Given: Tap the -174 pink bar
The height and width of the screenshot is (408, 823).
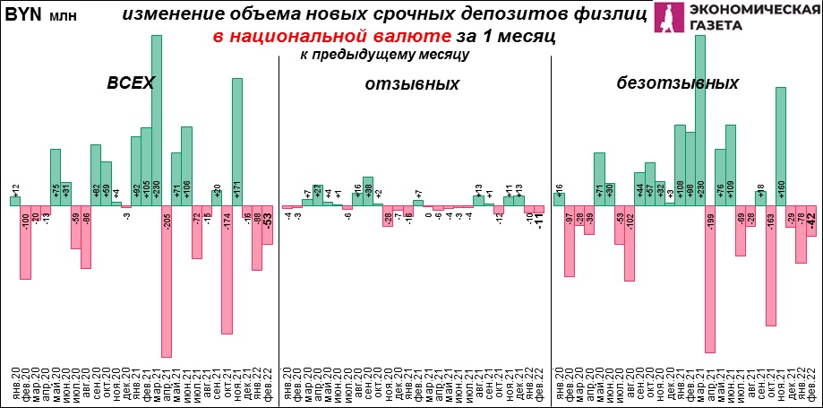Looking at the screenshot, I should [227, 269].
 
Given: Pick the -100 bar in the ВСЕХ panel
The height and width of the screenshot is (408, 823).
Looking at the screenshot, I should [25, 242].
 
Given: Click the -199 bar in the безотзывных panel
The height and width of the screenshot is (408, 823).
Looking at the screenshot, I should [709, 279].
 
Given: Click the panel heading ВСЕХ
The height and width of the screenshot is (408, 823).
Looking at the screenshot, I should [131, 82].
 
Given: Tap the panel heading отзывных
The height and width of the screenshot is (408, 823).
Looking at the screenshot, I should [412, 84].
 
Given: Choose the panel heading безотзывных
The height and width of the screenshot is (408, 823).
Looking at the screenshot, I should [677, 83].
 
